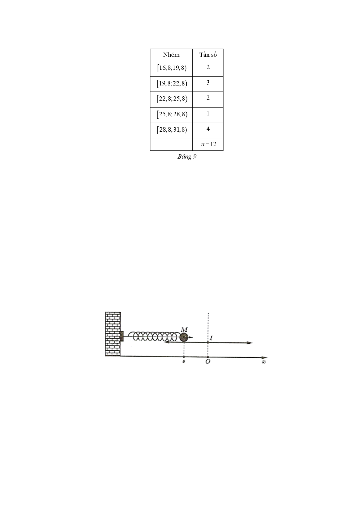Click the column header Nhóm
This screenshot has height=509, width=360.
(171, 55)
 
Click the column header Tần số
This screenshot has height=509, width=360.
(208, 55)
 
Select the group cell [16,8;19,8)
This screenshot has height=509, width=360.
(172, 68)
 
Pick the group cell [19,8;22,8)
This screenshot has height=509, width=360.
(172, 84)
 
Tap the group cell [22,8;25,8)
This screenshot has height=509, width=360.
(172, 99)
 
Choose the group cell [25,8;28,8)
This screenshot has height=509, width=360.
(172, 114)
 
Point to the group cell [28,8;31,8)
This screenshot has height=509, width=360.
(172, 130)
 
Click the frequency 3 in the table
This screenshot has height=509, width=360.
(208, 82)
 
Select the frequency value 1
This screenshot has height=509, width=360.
(208, 113)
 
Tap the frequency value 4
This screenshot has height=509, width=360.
(208, 129)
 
